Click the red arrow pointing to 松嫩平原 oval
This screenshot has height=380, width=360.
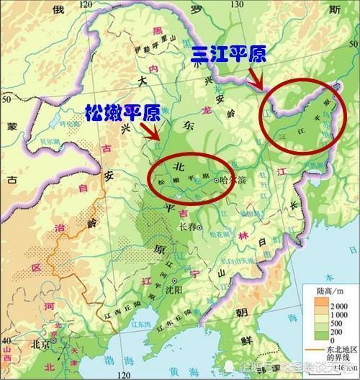click(151, 134)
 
